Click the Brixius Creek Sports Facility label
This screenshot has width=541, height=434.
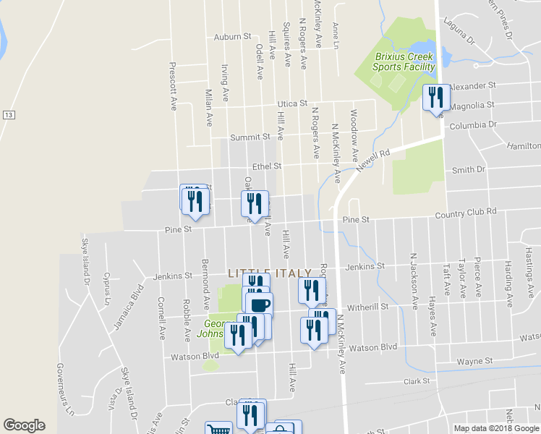(403, 61)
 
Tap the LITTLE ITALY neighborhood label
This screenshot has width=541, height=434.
(270, 273)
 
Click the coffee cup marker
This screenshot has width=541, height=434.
(259, 305)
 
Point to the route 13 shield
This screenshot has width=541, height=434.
(9, 116)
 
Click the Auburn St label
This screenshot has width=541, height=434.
(231, 35)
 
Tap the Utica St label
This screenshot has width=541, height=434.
(292, 103)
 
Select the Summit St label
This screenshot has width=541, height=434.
(250, 136)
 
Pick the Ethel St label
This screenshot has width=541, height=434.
(267, 166)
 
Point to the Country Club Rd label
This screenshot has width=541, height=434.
(466, 211)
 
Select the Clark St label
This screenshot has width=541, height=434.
(417, 380)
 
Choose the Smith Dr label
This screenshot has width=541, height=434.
(468, 170)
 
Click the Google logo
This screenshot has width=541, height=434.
(24, 425)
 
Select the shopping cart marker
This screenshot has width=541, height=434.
(218, 430)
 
